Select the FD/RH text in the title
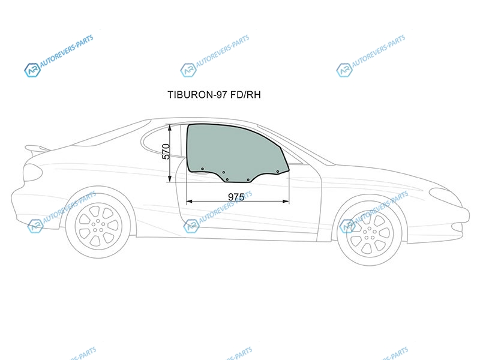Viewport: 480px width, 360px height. tap(245, 95)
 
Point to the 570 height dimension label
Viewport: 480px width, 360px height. tap(166, 152)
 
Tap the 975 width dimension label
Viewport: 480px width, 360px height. tap(236, 197)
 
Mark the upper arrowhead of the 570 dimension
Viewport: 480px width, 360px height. tap(170, 127)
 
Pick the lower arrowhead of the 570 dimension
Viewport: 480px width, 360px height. tap(170, 179)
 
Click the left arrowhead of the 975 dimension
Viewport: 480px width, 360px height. tap(189, 201)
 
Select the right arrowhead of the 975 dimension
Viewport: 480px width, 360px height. tap(286, 201)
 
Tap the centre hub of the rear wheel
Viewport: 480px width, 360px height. tap(98, 226)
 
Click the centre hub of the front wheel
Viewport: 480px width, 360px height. tap(370, 233)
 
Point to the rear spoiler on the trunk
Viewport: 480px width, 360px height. tap(36, 149)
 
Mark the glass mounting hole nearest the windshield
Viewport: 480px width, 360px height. tap(278, 172)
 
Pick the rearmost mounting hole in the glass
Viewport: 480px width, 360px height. tap(202, 169)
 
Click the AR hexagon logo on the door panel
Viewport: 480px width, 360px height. tap(191, 226)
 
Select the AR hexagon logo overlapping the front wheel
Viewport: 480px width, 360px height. tap(347, 226)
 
